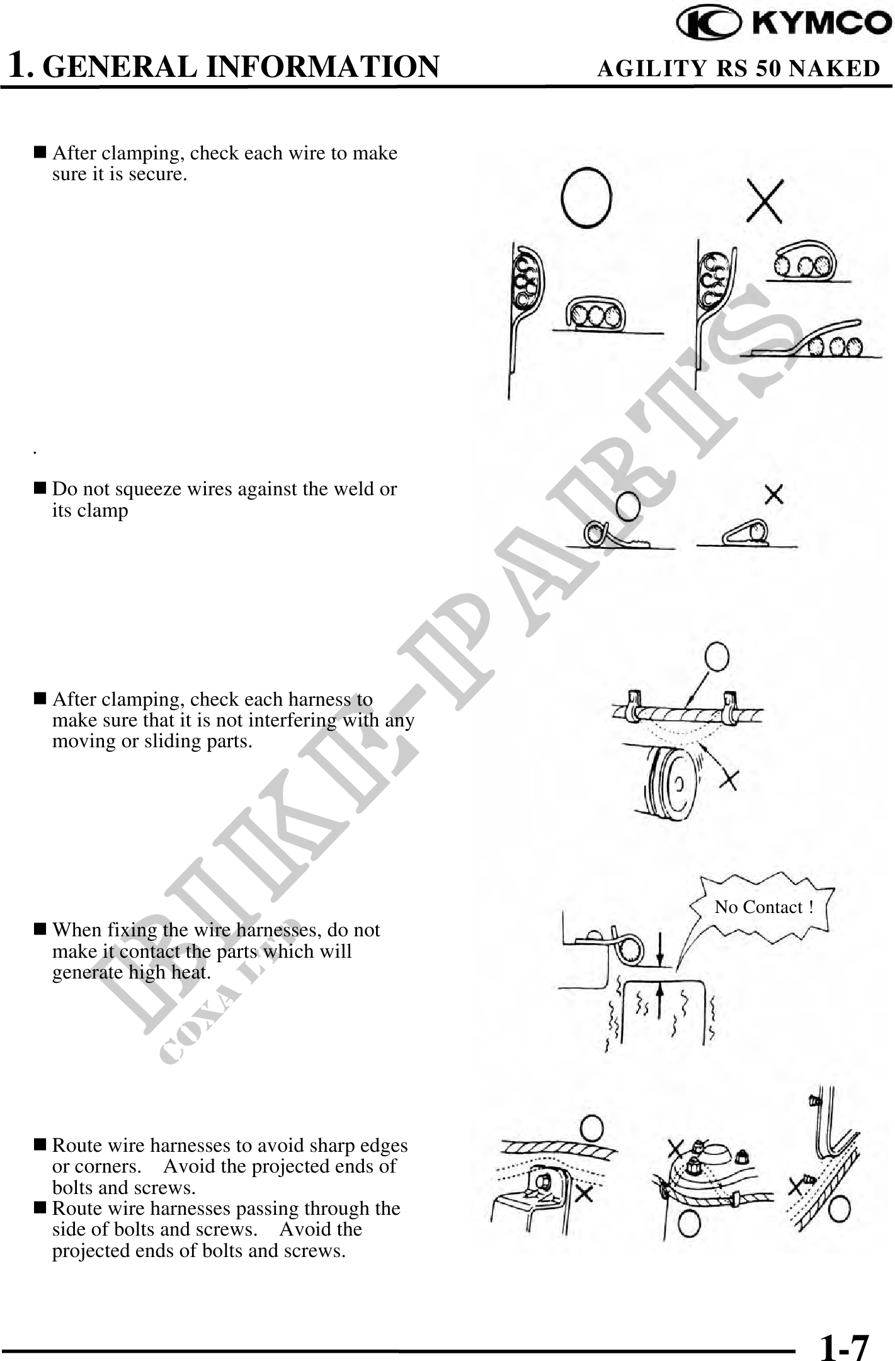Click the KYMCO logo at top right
(x=784, y=23)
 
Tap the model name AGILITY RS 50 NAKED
(x=738, y=68)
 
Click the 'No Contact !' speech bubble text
(x=763, y=907)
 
